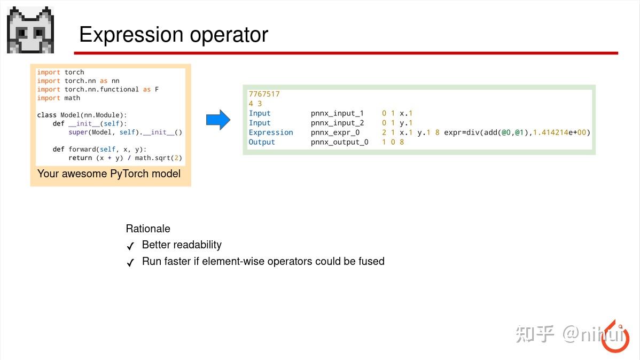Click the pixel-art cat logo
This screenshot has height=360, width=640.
[x=30, y=30]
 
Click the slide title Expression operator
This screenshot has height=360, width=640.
[x=173, y=35]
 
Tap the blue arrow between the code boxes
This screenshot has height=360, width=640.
[x=218, y=120]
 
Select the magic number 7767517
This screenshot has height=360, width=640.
[x=264, y=94]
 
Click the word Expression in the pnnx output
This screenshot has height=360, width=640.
[x=271, y=132]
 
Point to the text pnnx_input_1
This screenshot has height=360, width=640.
[x=337, y=113]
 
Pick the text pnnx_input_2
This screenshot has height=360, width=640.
[x=337, y=123]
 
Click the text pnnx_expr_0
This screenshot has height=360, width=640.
[x=335, y=132]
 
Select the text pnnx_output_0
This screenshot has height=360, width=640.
[x=339, y=142]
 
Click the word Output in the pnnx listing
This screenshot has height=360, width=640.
[x=262, y=142]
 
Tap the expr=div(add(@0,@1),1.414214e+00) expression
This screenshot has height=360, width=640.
[x=517, y=132]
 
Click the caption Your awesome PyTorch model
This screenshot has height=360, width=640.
[x=109, y=174]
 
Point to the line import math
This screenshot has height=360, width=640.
[x=59, y=98]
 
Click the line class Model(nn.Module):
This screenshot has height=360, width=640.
[x=82, y=115]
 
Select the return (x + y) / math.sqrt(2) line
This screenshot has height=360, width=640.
[x=126, y=158]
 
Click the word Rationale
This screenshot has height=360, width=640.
[x=148, y=229]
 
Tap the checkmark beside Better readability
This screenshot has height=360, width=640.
[x=130, y=246]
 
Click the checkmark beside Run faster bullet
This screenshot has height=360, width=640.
[x=130, y=263]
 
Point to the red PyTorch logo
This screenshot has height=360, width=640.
[x=615, y=337]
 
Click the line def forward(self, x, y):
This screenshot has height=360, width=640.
[x=99, y=149]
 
